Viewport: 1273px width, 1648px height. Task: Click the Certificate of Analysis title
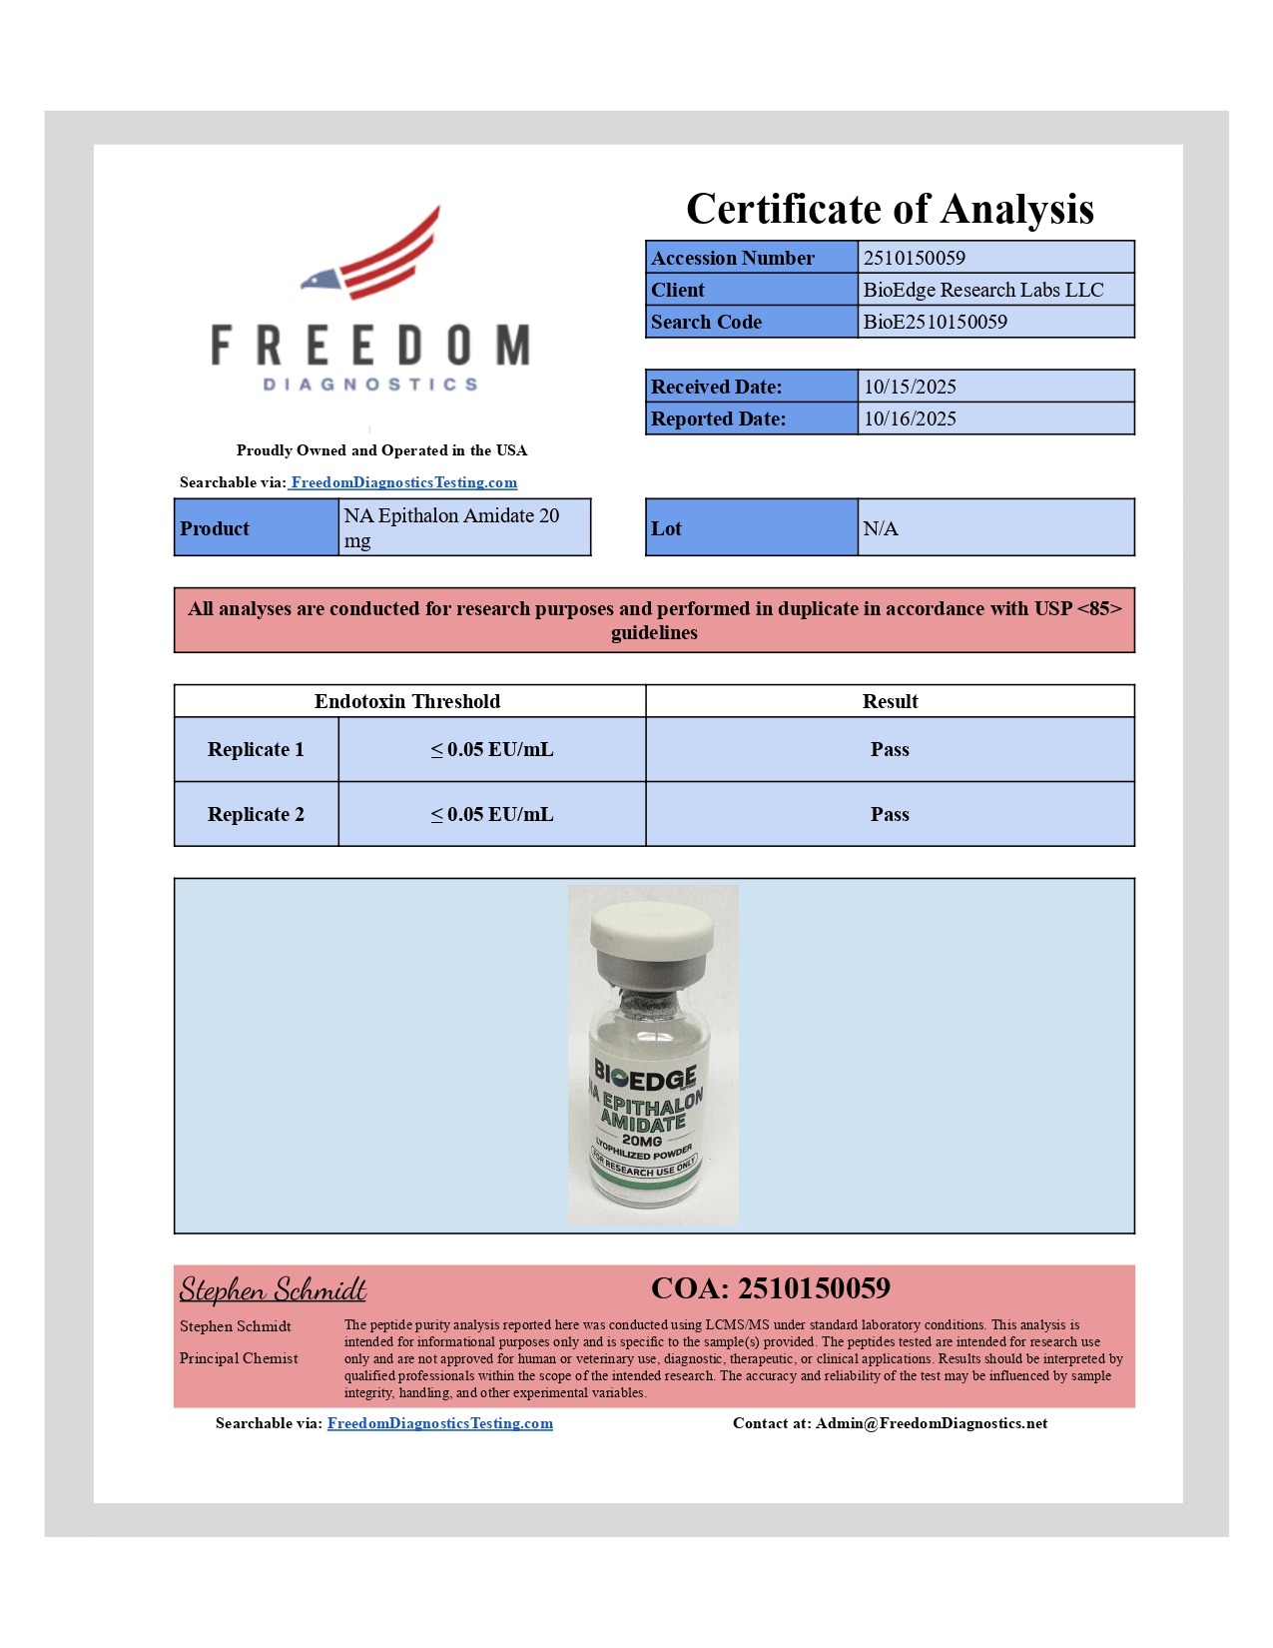[890, 210]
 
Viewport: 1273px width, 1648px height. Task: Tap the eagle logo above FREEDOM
[372, 256]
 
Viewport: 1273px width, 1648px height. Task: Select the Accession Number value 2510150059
[914, 258]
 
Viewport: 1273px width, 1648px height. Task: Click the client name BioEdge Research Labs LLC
[982, 290]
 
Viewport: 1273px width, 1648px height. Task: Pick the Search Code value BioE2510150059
[935, 322]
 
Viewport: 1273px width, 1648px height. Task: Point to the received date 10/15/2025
[910, 387]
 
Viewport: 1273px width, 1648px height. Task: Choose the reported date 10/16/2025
[910, 418]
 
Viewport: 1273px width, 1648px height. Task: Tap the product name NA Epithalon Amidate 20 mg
[451, 527]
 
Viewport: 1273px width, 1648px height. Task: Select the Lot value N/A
[881, 528]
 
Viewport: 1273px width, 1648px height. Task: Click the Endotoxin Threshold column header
[407, 701]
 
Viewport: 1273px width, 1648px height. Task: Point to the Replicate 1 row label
[256, 749]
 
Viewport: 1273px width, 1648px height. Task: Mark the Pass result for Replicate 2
[890, 814]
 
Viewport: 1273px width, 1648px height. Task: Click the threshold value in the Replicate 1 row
[491, 749]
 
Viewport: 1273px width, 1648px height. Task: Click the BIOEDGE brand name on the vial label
[645, 1077]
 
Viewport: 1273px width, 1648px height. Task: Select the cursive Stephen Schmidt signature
[273, 1289]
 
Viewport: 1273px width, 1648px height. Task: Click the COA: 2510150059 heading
[770, 1288]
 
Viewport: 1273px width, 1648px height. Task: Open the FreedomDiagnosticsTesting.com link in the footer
[439, 1423]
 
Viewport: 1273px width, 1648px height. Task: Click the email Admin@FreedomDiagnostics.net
[931, 1423]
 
